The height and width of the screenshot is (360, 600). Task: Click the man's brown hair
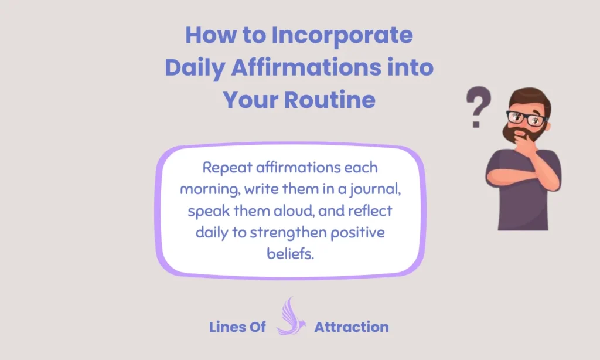pos(527,97)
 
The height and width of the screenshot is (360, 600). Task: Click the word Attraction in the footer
pos(352,327)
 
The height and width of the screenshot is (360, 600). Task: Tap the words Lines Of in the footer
pos(237,327)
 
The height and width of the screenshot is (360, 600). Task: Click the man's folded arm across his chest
pos(516,176)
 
